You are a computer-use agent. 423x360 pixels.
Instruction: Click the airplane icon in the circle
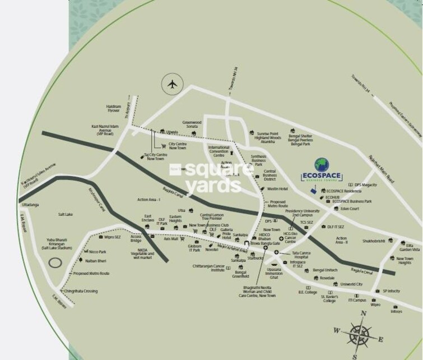[172, 85]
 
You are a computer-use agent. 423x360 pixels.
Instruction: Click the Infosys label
[397, 311]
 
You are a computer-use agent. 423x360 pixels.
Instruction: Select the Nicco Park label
[97, 252]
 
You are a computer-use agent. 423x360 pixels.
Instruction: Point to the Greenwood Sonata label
[192, 124]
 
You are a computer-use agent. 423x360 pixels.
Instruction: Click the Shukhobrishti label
[373, 241]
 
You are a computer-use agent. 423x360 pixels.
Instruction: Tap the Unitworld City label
[352, 284]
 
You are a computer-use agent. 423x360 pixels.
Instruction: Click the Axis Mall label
[171, 238]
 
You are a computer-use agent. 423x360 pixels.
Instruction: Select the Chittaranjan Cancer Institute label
[208, 267]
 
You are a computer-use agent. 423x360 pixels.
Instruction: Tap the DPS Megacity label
[365, 184]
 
